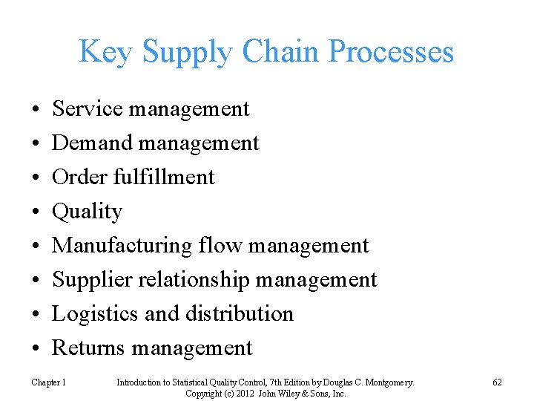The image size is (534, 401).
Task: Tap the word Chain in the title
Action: tap(286, 52)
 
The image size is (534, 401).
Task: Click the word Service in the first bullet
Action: tap(88, 109)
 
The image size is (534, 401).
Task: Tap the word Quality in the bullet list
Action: tap(87, 212)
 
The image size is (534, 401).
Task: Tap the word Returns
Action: tap(89, 348)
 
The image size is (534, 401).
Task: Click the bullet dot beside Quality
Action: tap(36, 212)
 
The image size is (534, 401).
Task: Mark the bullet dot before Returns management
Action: tap(36, 348)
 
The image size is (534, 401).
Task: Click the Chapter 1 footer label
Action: tap(48, 382)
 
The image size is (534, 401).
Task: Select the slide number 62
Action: tap(497, 382)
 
